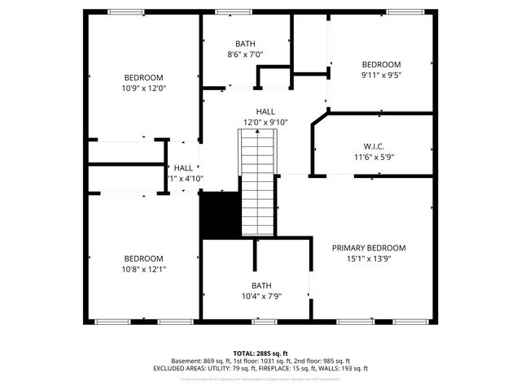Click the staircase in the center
tap(259, 183)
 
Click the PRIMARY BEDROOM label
tap(369, 248)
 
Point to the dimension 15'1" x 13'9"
tap(369, 259)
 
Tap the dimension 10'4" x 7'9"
tap(260, 297)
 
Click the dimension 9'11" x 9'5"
tap(381, 75)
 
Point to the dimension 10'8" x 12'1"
tap(143, 269)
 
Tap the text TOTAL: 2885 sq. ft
tap(260, 353)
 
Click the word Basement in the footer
tap(187, 361)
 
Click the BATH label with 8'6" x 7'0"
tap(244, 44)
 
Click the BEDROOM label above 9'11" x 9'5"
tap(381, 64)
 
